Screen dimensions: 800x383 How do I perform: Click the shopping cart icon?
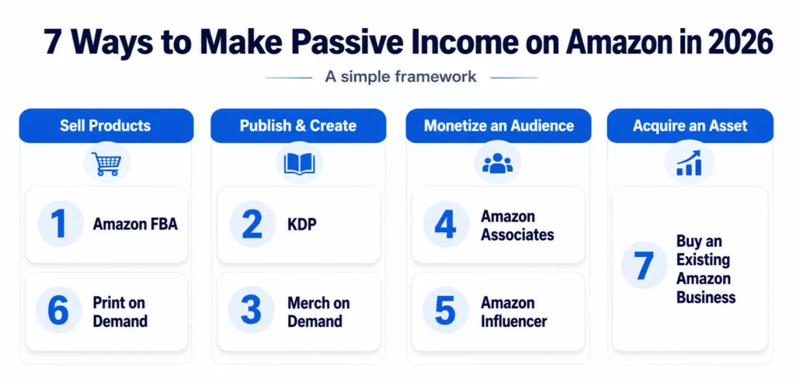(106, 164)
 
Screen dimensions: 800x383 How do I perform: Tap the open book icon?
(300, 164)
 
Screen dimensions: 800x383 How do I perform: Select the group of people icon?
(497, 164)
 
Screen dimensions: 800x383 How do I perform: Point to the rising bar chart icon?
(689, 163)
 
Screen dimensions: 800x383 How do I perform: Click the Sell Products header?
(106, 126)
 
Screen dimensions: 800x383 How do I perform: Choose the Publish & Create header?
(298, 126)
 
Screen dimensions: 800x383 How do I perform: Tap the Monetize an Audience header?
(499, 126)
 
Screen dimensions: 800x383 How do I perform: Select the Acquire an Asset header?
(690, 126)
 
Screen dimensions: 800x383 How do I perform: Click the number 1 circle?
(61, 224)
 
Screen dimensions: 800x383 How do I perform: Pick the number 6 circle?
(58, 310)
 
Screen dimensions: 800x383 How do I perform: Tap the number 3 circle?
(251, 310)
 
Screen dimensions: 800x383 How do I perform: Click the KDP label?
(302, 225)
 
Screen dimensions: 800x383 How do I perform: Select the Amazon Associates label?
(517, 225)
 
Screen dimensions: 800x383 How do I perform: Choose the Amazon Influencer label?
(513, 312)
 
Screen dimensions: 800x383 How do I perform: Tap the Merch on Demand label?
(319, 312)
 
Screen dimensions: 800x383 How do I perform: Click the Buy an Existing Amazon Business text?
(706, 269)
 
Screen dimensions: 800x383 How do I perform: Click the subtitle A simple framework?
(401, 77)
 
